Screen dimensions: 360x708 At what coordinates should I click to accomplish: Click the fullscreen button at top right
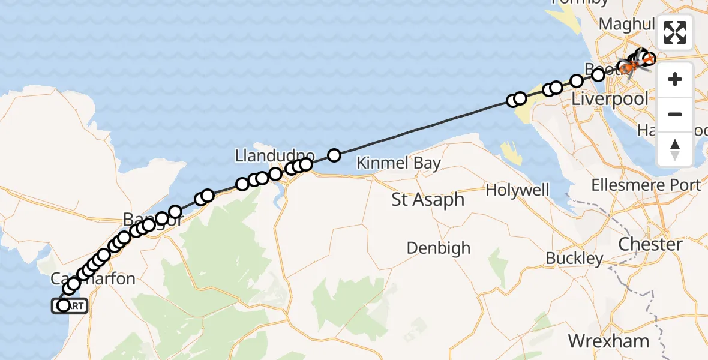tap(675, 32)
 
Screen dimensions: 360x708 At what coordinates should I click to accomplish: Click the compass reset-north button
tap(675, 149)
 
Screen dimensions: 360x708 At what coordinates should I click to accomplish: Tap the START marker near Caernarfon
tap(70, 306)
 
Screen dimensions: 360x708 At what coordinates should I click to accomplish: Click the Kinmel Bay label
tap(398, 163)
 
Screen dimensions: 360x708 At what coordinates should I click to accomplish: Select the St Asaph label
tap(428, 200)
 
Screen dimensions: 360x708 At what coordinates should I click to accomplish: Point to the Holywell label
tap(517, 190)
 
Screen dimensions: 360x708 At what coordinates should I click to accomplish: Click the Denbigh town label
tap(438, 248)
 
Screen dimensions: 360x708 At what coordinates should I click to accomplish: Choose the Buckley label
tap(574, 259)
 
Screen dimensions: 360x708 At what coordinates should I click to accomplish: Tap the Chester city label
tap(650, 245)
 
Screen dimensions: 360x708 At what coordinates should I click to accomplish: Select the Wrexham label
tap(608, 341)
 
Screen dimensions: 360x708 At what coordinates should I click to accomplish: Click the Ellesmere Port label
tap(646, 185)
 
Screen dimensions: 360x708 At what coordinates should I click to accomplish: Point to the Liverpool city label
tap(610, 99)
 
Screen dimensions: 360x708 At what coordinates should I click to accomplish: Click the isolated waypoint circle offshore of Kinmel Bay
tap(334, 155)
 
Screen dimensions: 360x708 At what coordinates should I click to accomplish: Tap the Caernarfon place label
tap(93, 278)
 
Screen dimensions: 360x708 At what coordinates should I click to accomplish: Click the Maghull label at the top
tap(627, 25)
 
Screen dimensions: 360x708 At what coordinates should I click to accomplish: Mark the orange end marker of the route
tap(649, 59)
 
